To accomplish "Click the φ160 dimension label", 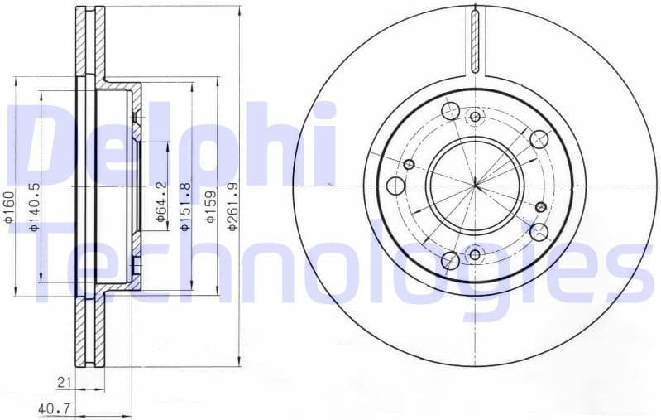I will (x=8, y=208).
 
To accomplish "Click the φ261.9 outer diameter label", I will (x=234, y=208).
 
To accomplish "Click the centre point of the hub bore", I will (x=475, y=184).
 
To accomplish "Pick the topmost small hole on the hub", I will (x=475, y=117).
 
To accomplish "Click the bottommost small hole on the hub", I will (x=475, y=252).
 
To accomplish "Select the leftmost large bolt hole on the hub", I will (x=396, y=184).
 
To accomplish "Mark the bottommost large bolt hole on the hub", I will (x=451, y=261).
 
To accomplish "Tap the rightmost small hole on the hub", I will (x=541, y=207).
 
